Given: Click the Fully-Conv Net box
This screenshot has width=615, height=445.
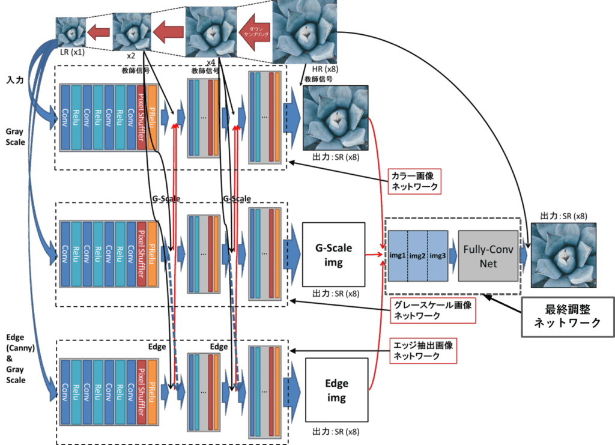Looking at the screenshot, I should [x=488, y=256].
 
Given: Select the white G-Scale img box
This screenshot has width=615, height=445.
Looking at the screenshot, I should [x=333, y=254].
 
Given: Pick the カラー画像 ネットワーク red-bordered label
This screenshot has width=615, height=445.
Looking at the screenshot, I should [x=415, y=180].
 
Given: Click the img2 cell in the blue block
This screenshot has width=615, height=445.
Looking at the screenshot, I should [x=417, y=256].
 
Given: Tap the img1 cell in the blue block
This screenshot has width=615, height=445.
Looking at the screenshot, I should [x=398, y=256].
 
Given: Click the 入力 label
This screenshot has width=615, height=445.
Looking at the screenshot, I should [x=15, y=79].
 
